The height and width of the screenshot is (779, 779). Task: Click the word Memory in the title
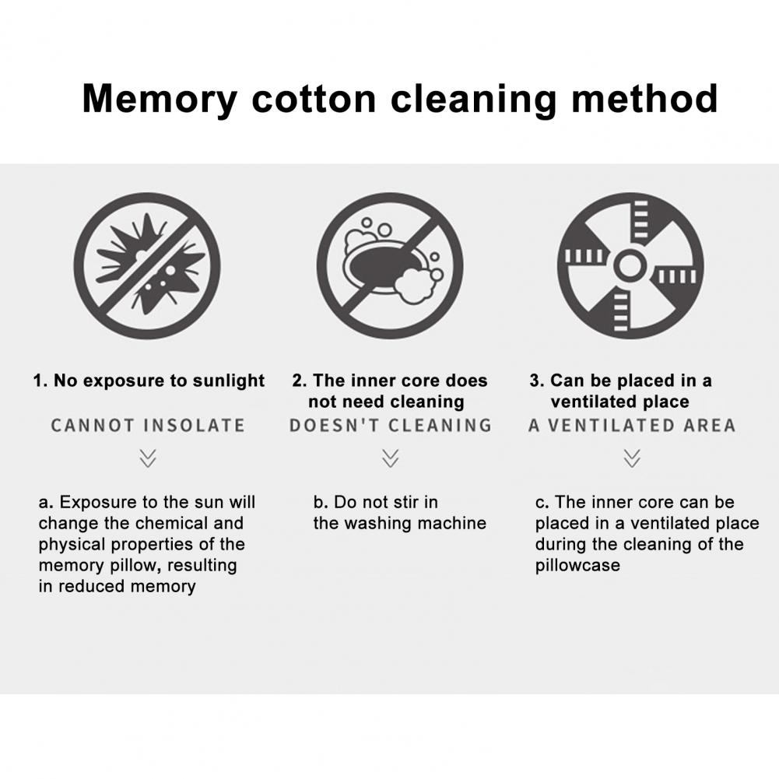pos(160,100)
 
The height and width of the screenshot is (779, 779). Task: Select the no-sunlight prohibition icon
pos(147,266)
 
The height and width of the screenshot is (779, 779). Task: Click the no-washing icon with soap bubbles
pos(390,266)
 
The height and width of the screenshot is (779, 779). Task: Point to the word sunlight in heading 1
pos(229,381)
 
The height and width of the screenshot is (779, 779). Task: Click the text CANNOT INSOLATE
pos(148,425)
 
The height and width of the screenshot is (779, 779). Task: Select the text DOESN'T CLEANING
pos(391,425)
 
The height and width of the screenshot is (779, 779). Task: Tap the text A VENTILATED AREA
pos(631,425)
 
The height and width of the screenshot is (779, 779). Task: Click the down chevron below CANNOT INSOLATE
pos(148,458)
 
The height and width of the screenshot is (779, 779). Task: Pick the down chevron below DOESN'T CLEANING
pos(391,458)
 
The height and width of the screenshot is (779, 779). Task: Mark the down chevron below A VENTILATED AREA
pos(631,458)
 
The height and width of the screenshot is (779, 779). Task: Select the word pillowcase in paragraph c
pos(577,566)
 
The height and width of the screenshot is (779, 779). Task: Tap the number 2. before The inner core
pos(299,381)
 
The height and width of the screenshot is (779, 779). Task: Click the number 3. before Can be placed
pos(537,381)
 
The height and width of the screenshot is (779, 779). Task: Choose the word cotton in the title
pos(314,100)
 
